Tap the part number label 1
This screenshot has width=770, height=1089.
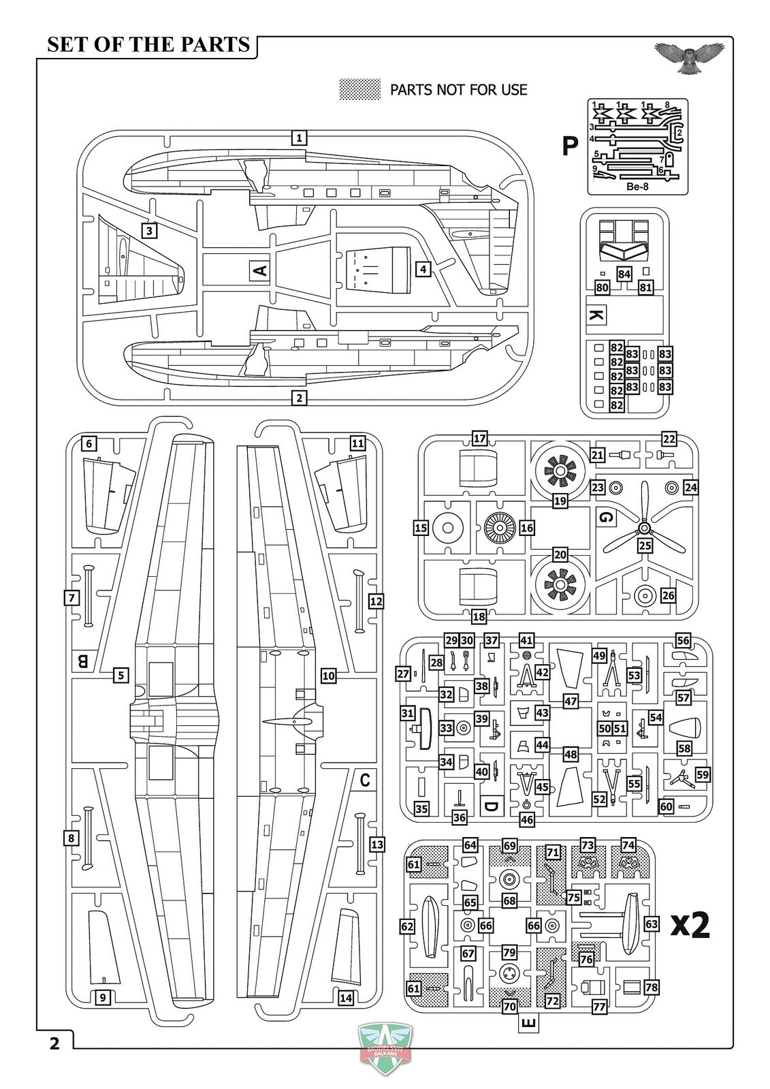(x=298, y=138)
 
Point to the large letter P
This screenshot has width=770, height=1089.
(x=569, y=146)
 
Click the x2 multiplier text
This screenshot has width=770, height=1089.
(x=690, y=924)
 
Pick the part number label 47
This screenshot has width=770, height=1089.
(x=571, y=701)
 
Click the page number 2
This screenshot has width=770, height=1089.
(x=54, y=1043)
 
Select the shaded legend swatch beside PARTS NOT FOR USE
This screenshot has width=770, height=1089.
(x=360, y=89)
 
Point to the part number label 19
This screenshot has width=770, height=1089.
(x=560, y=501)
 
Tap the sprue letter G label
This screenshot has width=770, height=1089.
(x=605, y=517)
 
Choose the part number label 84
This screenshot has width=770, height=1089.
(x=624, y=273)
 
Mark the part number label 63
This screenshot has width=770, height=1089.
(x=652, y=924)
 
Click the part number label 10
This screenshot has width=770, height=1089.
(x=329, y=676)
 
